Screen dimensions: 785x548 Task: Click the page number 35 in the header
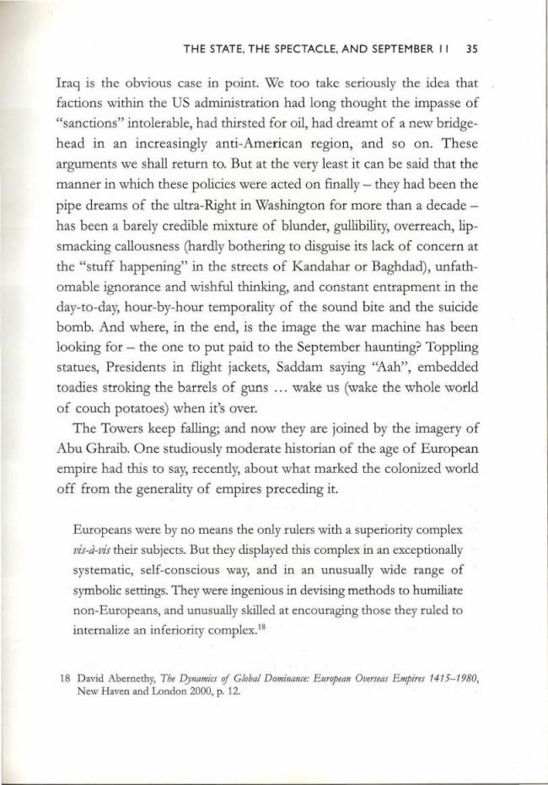point(472,49)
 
